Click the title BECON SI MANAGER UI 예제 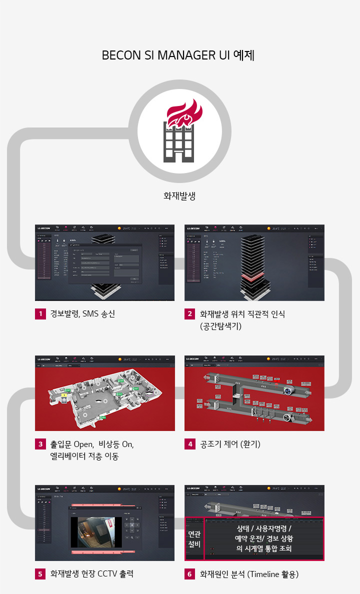tap(178, 55)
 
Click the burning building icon tap(179, 131)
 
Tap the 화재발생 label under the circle tap(179, 195)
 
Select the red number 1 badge tap(40, 314)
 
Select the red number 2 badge tap(190, 314)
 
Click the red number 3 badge tap(40, 444)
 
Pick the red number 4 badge tap(190, 444)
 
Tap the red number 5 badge tap(40, 574)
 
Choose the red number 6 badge tap(190, 574)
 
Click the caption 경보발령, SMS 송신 tap(82, 314)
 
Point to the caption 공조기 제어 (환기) tap(230, 444)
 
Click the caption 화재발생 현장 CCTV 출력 tap(92, 574)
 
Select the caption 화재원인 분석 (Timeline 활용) tap(249, 574)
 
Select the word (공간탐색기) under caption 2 tap(221, 326)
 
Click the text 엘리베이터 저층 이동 tap(84, 456)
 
